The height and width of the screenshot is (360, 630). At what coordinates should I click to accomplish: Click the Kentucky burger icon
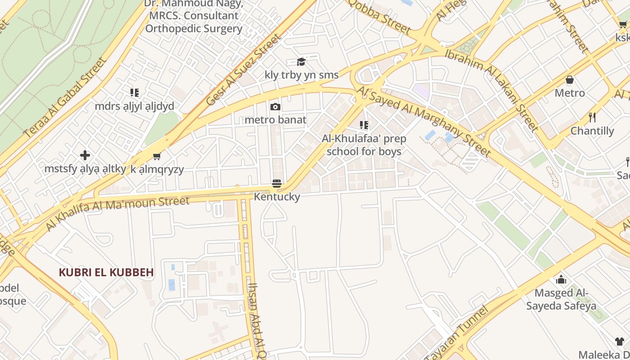coord(276,184)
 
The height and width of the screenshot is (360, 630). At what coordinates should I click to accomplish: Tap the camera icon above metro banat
coord(275,107)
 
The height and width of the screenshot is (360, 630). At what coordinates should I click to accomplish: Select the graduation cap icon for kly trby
coord(301,62)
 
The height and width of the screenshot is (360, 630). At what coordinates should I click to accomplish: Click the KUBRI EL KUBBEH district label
coord(106,272)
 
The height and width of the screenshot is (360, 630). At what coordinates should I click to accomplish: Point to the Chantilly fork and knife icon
coord(592,118)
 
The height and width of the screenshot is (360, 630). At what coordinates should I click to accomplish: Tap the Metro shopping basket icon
coord(570,80)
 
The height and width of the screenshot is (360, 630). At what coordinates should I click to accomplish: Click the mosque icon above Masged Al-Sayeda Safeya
coord(561,280)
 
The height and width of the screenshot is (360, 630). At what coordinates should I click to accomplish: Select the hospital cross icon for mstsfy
coord(85,156)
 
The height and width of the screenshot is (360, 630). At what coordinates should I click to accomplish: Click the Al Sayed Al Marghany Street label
coord(424,121)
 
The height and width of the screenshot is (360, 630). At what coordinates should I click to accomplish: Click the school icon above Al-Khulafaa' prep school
coord(364,125)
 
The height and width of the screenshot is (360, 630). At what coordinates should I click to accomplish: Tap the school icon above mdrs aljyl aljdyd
coord(134,93)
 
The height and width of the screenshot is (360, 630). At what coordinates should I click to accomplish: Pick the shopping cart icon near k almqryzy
coord(157,156)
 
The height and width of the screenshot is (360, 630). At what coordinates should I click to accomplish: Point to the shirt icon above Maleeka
coord(620,342)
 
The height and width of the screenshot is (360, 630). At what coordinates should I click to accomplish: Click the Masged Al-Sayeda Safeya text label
coord(561,299)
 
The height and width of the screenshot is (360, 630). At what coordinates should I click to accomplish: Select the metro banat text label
coord(275,120)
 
